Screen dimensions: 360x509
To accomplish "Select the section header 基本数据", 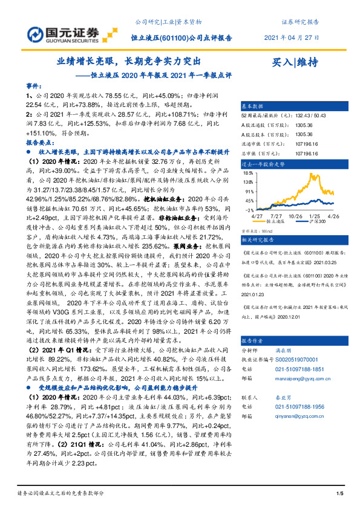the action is tap(254, 105).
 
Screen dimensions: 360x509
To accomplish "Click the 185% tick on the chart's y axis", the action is tap(248, 175).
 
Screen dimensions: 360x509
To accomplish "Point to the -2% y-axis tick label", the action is tap(249, 210).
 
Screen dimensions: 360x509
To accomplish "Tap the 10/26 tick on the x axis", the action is tap(297, 215).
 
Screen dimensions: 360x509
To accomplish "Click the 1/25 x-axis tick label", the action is tap(315, 215).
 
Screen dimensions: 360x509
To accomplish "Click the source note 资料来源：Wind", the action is tap(257, 231).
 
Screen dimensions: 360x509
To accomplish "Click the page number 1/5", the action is tap(340, 495).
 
